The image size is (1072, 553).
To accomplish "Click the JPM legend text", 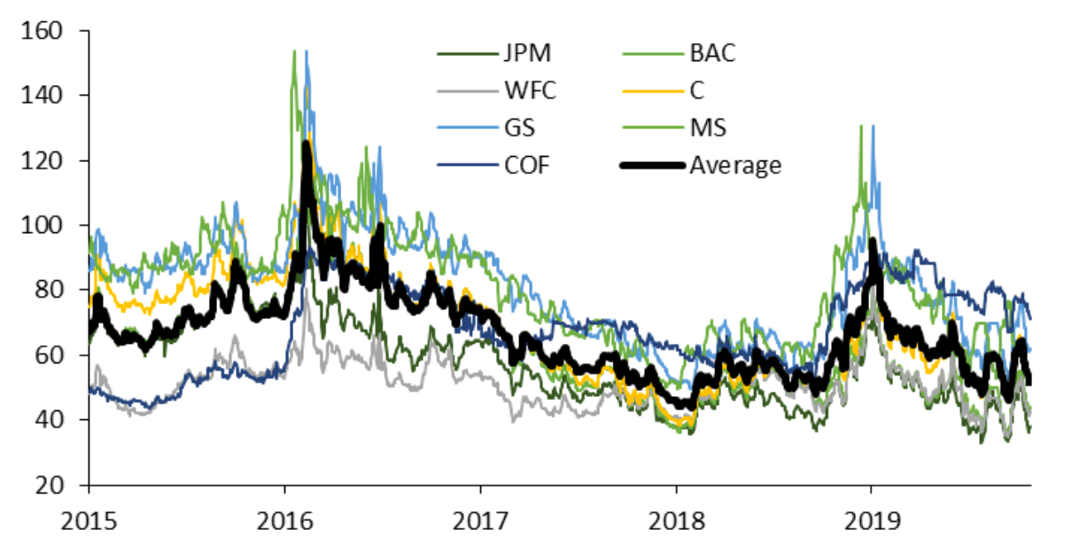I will pos(526,54).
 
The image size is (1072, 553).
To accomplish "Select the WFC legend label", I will pos(528,91).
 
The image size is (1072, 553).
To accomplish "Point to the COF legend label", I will pos(527,166).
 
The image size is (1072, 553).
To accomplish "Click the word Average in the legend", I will pos(735,166).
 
